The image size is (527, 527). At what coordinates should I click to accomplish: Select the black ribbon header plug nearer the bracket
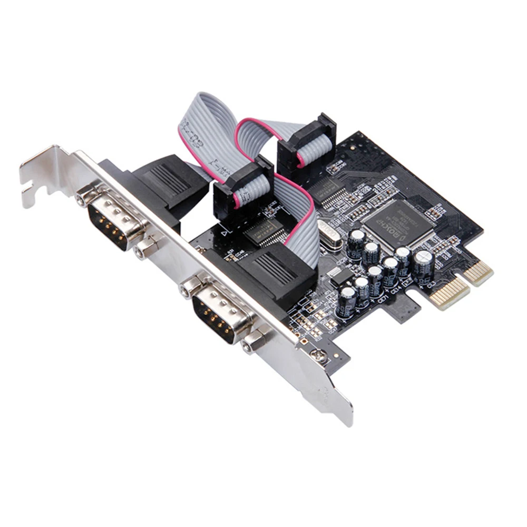pos(241,188)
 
